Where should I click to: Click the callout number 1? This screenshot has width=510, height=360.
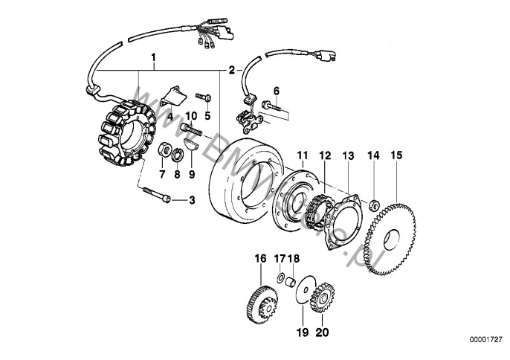pyautogui.click(x=155, y=57)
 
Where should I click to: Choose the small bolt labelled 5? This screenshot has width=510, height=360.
pyautogui.click(x=204, y=96)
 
